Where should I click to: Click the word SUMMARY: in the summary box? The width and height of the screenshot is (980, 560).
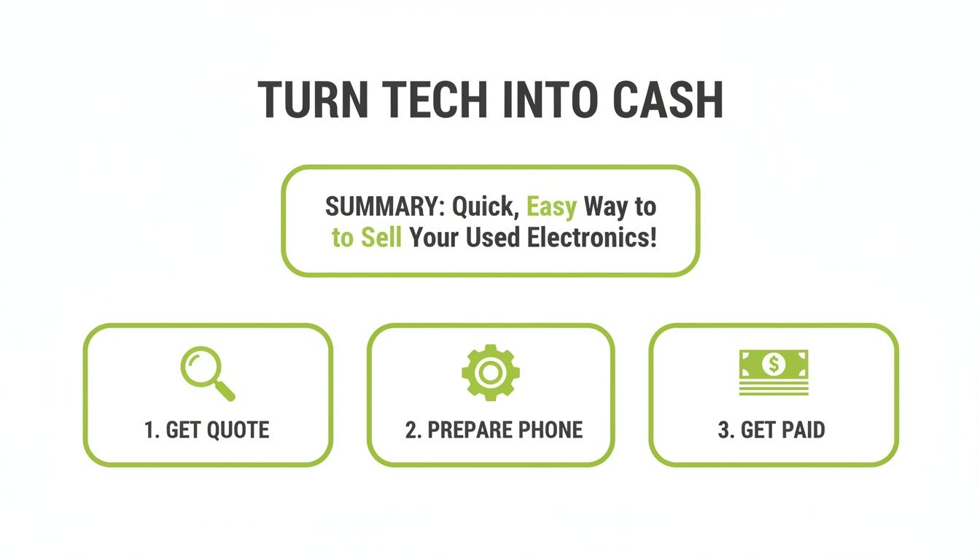click(x=385, y=207)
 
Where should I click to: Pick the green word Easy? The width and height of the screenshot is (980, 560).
click(x=551, y=207)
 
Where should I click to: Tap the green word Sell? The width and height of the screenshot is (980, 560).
click(x=381, y=238)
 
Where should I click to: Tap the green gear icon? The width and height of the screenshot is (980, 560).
click(x=490, y=372)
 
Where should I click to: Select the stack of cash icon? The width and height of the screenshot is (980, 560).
click(x=774, y=372)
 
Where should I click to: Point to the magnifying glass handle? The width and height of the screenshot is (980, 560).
click(x=226, y=392)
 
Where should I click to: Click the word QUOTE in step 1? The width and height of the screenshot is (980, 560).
click(x=238, y=430)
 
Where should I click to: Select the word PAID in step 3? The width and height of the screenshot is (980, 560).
click(x=803, y=430)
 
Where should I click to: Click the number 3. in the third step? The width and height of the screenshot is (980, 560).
click(x=726, y=430)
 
